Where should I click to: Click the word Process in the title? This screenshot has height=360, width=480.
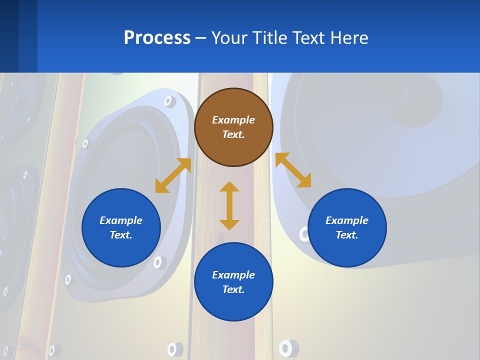(157, 38)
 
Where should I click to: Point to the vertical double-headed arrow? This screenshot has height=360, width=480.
(229, 205)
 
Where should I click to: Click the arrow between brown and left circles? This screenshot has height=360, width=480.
(173, 175)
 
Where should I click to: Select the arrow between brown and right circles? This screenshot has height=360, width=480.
(293, 170)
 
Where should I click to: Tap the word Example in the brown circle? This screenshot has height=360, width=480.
(233, 120)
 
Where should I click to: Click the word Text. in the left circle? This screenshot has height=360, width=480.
(121, 235)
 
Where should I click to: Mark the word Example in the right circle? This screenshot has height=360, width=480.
(347, 220)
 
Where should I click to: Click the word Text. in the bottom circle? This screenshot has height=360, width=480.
(233, 289)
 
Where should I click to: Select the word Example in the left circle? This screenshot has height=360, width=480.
(121, 220)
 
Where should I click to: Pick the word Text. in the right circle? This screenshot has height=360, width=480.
(347, 235)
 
